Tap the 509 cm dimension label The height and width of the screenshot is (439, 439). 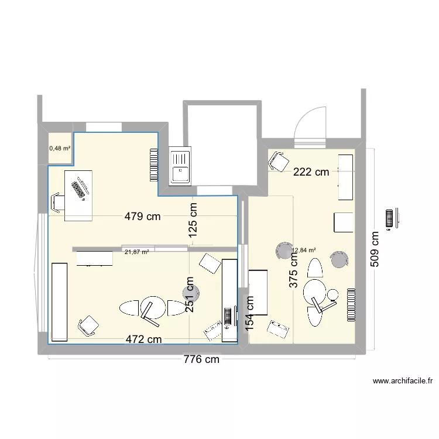tap(375, 249)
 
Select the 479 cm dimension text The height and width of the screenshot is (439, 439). tap(142, 217)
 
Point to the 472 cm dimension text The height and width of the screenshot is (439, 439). tap(143, 339)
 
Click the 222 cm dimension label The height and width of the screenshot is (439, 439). tap(311, 172)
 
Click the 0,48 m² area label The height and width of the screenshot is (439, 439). tap(59, 148)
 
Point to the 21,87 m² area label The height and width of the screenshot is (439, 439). tap(136, 252)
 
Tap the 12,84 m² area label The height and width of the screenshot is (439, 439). tap(304, 251)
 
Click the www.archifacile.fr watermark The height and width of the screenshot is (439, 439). tap(402, 381)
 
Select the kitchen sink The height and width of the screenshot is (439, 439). tap(180, 166)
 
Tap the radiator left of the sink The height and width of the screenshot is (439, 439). tap(154, 164)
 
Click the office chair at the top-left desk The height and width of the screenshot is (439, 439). tap(57, 203)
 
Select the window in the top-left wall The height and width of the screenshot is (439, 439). tap(104, 126)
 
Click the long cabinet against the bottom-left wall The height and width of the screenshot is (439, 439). tap(60, 301)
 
